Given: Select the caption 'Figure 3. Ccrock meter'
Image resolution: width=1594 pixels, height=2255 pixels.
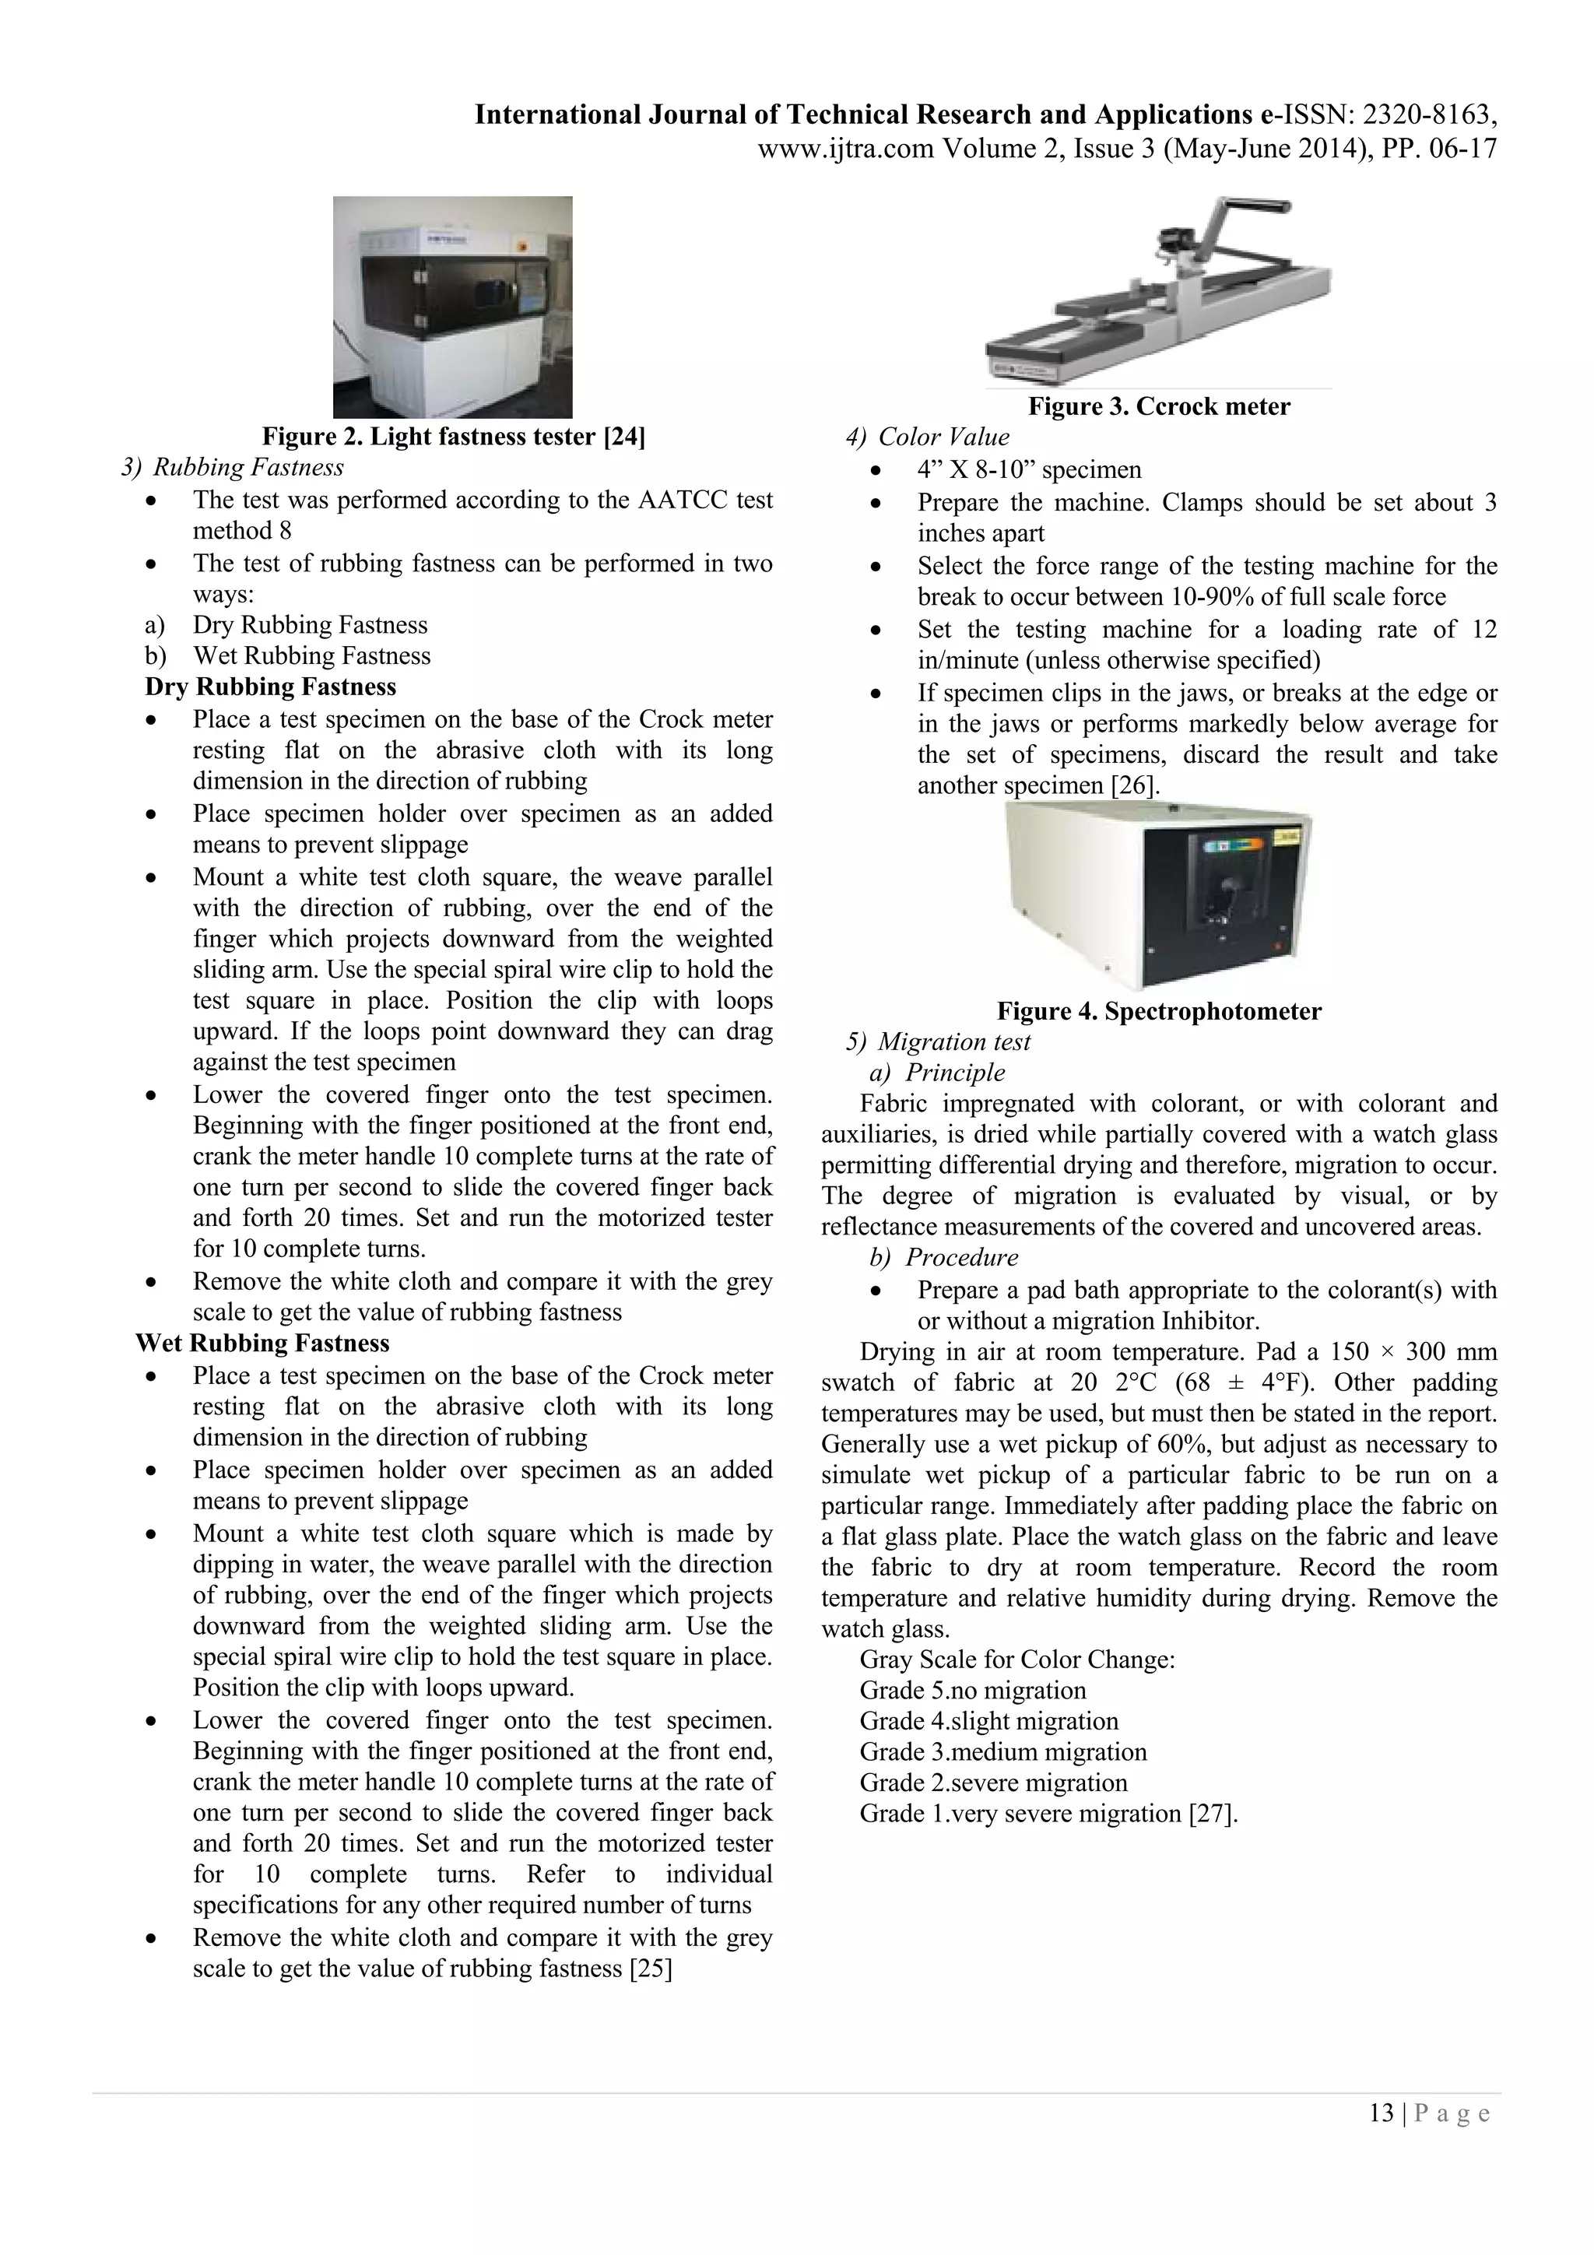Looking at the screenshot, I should click(1158, 406).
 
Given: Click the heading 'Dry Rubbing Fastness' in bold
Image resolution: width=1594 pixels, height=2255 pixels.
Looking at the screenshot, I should click(270, 687).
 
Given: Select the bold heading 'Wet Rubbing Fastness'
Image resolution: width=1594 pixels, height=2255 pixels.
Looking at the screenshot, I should click(262, 1343).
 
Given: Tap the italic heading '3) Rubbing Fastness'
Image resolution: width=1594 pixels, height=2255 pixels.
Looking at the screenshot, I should click(233, 468).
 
